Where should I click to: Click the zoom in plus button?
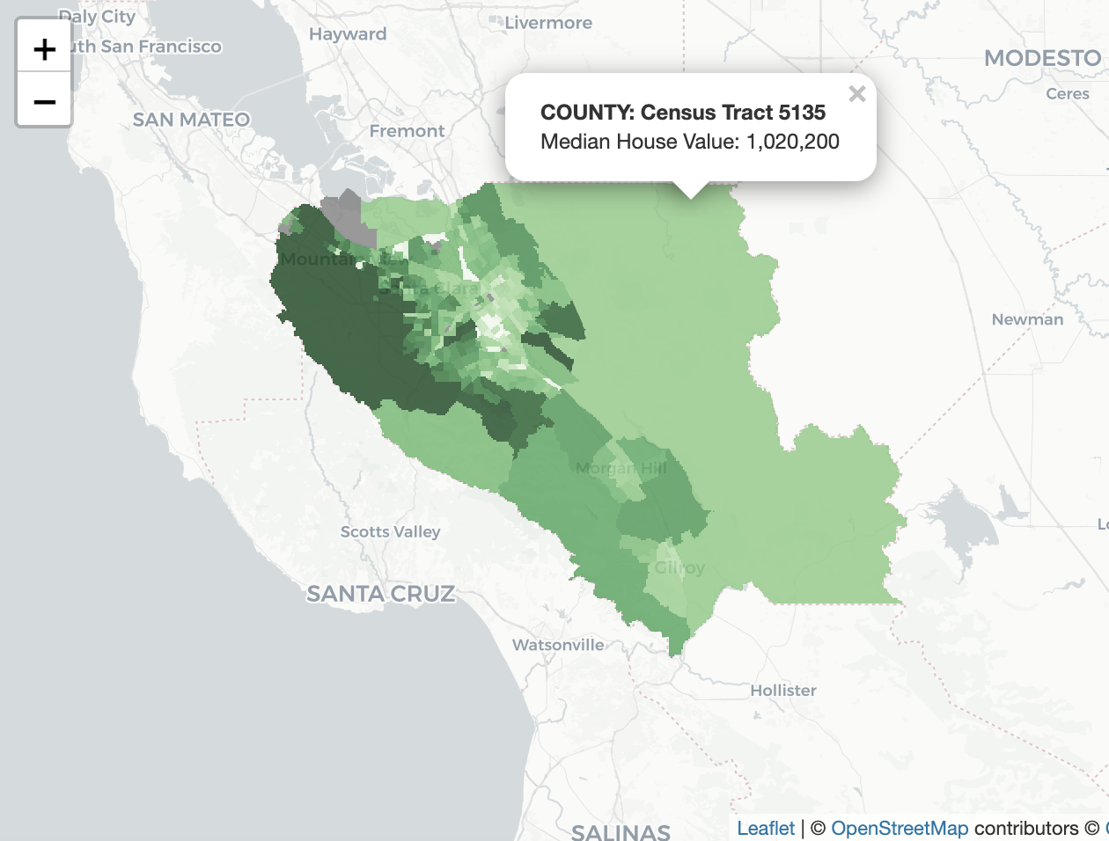click(x=44, y=49)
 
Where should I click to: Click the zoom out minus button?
click(x=44, y=102)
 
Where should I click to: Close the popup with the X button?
click(x=856, y=94)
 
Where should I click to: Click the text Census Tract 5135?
click(x=732, y=113)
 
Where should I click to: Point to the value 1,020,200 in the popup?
click(x=792, y=142)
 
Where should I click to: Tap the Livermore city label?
click(x=547, y=23)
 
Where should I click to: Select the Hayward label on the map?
click(x=348, y=34)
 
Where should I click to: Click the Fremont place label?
click(x=407, y=131)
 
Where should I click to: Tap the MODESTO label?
click(x=1042, y=58)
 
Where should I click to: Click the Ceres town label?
click(x=1067, y=94)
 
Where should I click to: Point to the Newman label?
click(x=1027, y=319)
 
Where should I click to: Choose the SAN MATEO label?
click(x=191, y=120)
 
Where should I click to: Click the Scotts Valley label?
click(x=390, y=531)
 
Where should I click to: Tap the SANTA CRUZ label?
click(x=380, y=594)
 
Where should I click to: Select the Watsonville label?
click(x=558, y=645)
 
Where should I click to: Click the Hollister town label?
click(x=782, y=691)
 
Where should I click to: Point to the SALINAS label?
click(x=621, y=831)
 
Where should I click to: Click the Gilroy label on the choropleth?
click(x=679, y=567)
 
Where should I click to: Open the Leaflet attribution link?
click(x=766, y=828)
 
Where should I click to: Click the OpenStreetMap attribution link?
click(x=900, y=828)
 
